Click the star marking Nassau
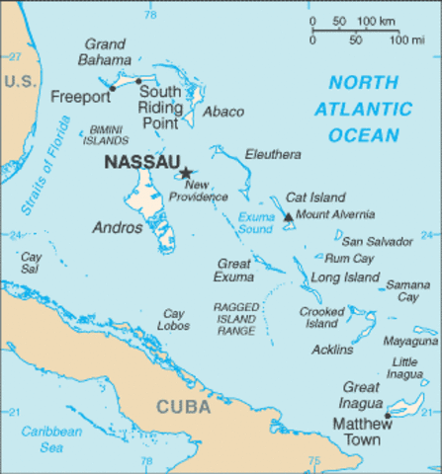(x=185, y=173)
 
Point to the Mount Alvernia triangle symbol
(x=289, y=216)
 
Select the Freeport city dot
(x=113, y=88)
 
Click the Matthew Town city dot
(x=388, y=416)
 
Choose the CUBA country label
(x=183, y=406)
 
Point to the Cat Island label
(x=308, y=197)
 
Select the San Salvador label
(x=376, y=241)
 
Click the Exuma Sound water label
(x=255, y=221)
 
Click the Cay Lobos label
(x=174, y=319)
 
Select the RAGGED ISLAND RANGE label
(x=236, y=318)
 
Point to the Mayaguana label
(x=410, y=341)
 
